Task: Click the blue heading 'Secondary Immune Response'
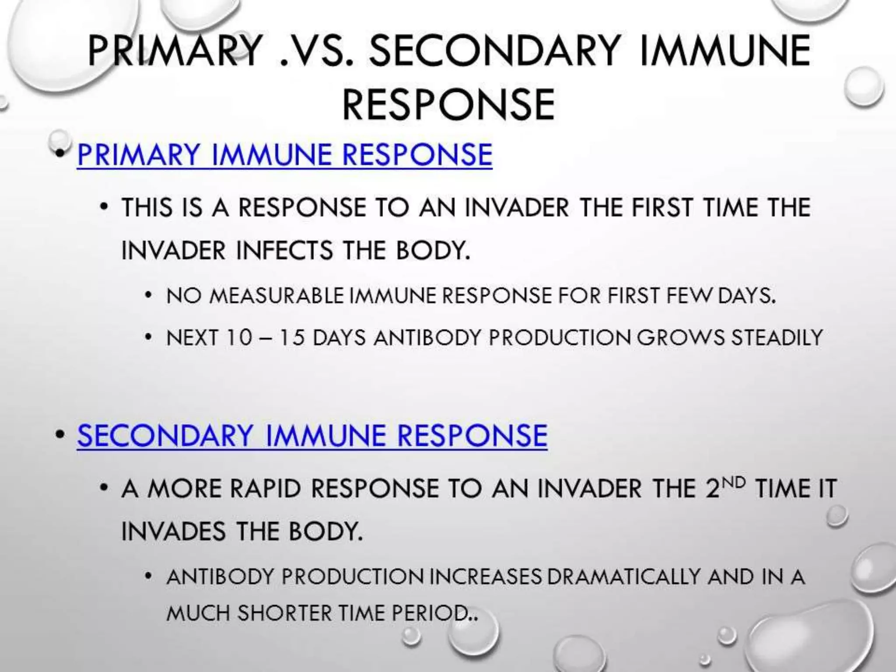coord(312,435)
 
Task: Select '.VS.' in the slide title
coord(316,51)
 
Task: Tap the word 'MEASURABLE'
coord(276,296)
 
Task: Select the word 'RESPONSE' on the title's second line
coord(448,105)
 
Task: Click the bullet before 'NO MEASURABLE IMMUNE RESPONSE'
coord(149,296)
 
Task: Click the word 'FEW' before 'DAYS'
coord(689,296)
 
